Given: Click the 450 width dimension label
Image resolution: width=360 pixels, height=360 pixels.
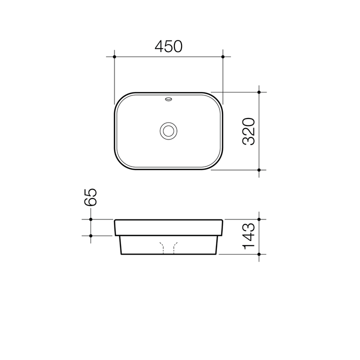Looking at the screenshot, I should (x=168, y=46).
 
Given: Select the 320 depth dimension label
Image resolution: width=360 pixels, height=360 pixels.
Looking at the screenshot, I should (x=248, y=131).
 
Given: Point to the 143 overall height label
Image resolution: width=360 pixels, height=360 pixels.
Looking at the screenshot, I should (x=248, y=236).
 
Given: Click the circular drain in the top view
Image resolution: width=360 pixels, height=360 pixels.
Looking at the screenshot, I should (x=168, y=131).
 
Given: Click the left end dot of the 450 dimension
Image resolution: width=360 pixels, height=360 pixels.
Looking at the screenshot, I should (x=114, y=57).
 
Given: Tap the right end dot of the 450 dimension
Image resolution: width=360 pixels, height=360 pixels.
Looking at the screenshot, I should (x=223, y=57).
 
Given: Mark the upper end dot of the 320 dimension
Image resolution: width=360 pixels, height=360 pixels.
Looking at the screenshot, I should (x=259, y=92).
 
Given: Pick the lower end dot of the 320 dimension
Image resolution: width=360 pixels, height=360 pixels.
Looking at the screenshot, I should (x=259, y=170).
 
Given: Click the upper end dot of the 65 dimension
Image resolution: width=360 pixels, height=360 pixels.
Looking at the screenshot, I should (x=90, y=219).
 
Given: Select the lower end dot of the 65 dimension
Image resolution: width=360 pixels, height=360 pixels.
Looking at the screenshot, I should (x=90, y=235).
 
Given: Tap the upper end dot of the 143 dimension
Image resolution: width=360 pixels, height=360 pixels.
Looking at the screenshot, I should (x=259, y=219).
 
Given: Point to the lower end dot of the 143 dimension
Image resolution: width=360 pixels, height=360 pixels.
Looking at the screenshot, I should (x=259, y=254).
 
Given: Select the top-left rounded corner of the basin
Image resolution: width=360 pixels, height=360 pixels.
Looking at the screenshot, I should (x=121, y=99).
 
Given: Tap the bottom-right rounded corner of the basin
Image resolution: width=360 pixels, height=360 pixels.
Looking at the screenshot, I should (x=216, y=163).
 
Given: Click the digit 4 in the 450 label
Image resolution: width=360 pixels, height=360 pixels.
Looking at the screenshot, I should (x=159, y=46).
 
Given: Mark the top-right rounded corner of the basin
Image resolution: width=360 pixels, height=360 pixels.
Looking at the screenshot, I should (x=216, y=99).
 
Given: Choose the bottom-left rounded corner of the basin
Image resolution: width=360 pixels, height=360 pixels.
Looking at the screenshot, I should (x=121, y=163).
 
